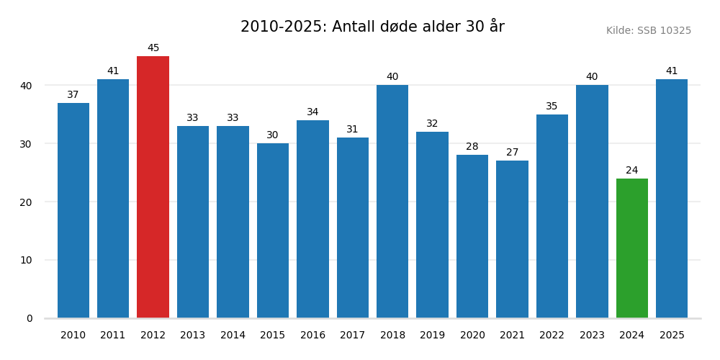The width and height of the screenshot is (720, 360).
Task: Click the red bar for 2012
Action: coord(153,187)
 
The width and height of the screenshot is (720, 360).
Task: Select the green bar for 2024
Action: coord(631,248)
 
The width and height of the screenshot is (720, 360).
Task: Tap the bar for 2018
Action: coord(392,202)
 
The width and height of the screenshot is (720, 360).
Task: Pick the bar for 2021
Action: coord(512,239)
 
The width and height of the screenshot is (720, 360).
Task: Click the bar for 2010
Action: coord(73,210)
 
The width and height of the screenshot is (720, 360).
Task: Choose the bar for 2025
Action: coord(671,199)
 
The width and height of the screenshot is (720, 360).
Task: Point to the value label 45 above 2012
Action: coord(153,48)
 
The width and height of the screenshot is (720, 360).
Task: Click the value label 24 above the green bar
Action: coord(631,171)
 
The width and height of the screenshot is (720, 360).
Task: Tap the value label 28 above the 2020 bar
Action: coord(472,147)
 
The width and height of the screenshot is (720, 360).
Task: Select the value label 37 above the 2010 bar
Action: coord(73,95)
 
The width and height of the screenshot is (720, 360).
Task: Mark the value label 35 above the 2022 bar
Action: coord(552,107)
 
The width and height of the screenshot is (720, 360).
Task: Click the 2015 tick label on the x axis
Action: coord(272,336)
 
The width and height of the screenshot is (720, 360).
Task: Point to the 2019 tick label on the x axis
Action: coord(432,336)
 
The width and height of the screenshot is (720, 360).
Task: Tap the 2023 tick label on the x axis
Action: coord(592,336)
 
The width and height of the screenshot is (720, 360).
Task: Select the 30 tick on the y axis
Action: coord(26,144)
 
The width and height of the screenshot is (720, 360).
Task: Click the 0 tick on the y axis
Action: coord(30,318)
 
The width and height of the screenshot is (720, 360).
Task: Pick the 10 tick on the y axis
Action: coord(26,260)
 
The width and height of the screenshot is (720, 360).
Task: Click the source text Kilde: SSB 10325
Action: coord(648,31)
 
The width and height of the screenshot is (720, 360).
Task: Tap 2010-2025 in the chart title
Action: coord(283,27)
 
